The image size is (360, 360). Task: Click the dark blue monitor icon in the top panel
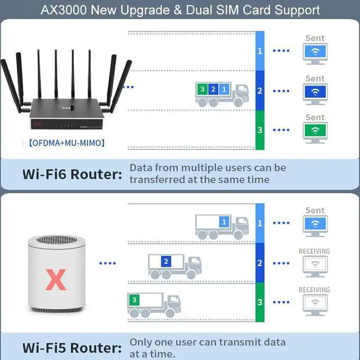coord(316,92)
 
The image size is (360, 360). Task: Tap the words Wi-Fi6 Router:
coord(72,174)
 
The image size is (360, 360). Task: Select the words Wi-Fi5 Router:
coord(72,347)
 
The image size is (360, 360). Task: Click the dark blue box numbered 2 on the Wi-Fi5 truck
coord(165,262)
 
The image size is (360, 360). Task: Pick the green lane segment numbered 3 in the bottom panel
coord(259,302)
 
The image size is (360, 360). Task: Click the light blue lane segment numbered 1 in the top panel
coord(259,51)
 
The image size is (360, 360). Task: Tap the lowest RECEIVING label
coord(314,290)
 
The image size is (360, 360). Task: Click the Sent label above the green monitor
coord(315,118)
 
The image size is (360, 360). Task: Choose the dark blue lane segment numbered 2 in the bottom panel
coord(259,263)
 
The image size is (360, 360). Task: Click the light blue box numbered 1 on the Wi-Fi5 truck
coord(224,222)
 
